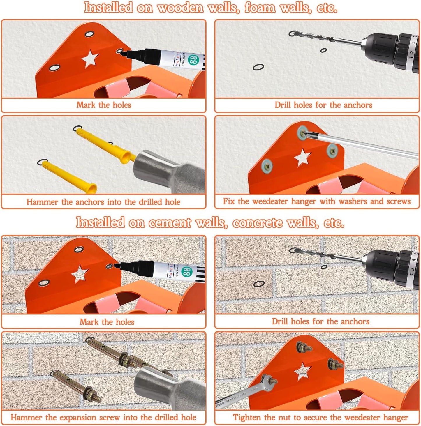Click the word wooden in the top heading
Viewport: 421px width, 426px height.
pos(180,8)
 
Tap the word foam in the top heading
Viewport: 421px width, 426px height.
pos(260,8)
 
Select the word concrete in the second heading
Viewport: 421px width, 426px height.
pos(257,223)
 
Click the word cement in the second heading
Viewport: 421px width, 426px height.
pos(170,223)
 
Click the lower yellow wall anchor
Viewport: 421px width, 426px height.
pos(68,176)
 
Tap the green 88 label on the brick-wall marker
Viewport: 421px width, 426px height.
pos(186,273)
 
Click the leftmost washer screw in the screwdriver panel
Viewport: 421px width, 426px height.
pos(266,165)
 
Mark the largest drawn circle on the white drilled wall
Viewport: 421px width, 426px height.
pos(258,67)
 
